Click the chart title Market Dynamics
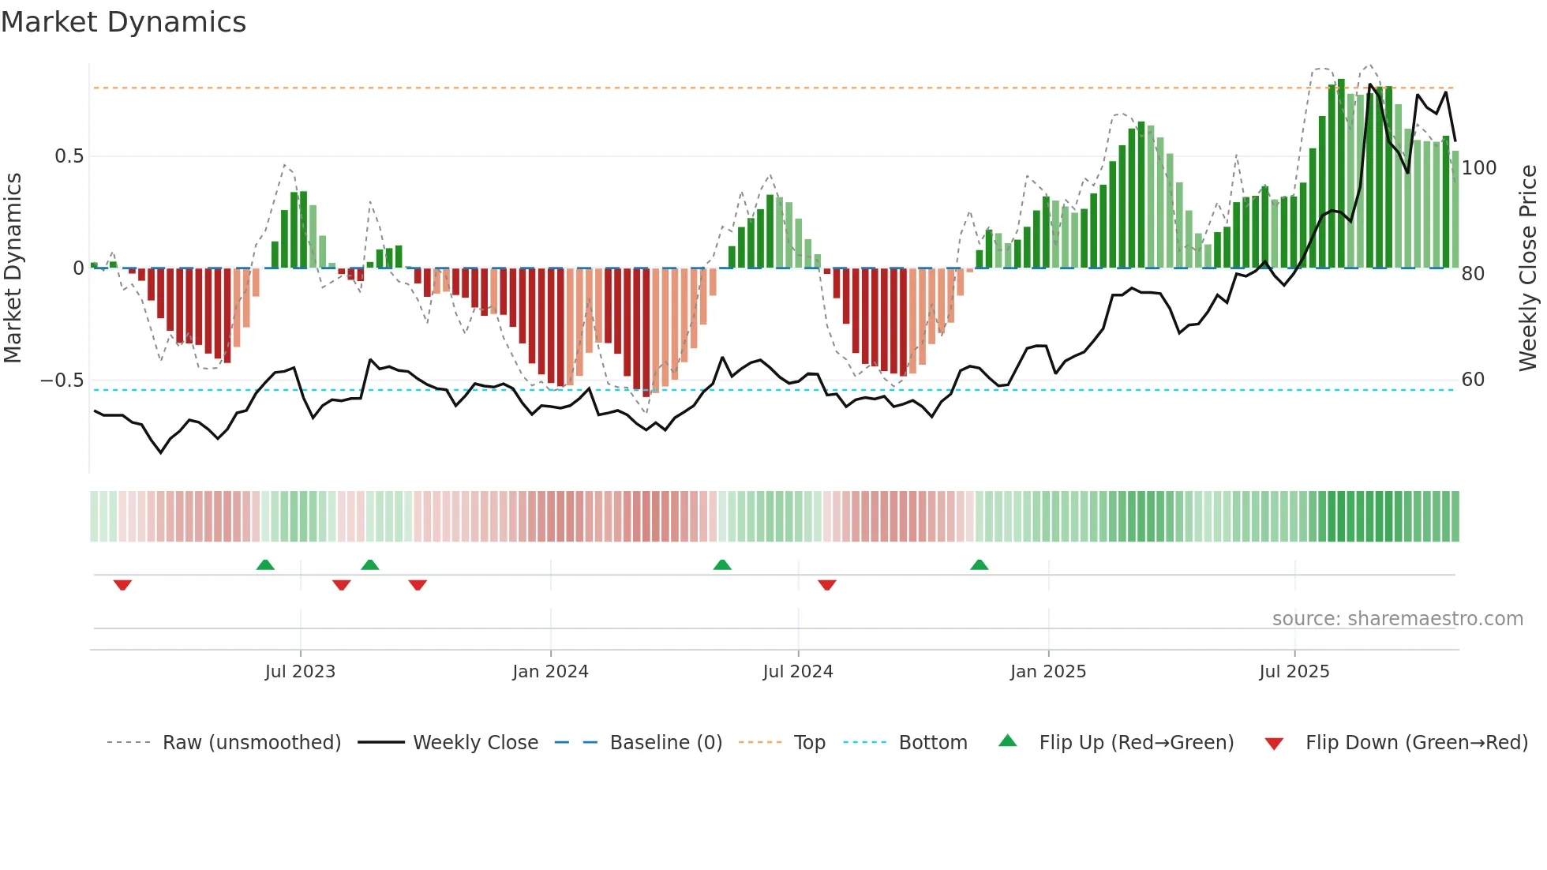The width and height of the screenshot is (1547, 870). click(123, 22)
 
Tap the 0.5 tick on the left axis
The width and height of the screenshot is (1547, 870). click(69, 156)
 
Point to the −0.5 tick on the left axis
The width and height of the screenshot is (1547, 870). click(62, 381)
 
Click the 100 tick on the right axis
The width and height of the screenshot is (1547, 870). click(1478, 168)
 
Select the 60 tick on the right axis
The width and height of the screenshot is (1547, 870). click(1473, 380)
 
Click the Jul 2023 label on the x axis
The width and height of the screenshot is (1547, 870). click(300, 672)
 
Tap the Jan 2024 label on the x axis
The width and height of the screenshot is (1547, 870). click(550, 672)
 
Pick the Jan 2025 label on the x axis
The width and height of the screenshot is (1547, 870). click(1047, 672)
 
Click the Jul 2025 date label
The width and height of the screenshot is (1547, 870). click(1294, 672)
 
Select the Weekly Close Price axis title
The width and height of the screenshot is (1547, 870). click(1528, 268)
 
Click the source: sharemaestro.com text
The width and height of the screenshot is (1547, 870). click(1397, 619)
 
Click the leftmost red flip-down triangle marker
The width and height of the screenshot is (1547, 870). click(122, 585)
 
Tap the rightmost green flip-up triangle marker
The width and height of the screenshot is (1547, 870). click(979, 564)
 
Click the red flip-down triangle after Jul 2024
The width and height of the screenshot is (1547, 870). click(826, 585)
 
